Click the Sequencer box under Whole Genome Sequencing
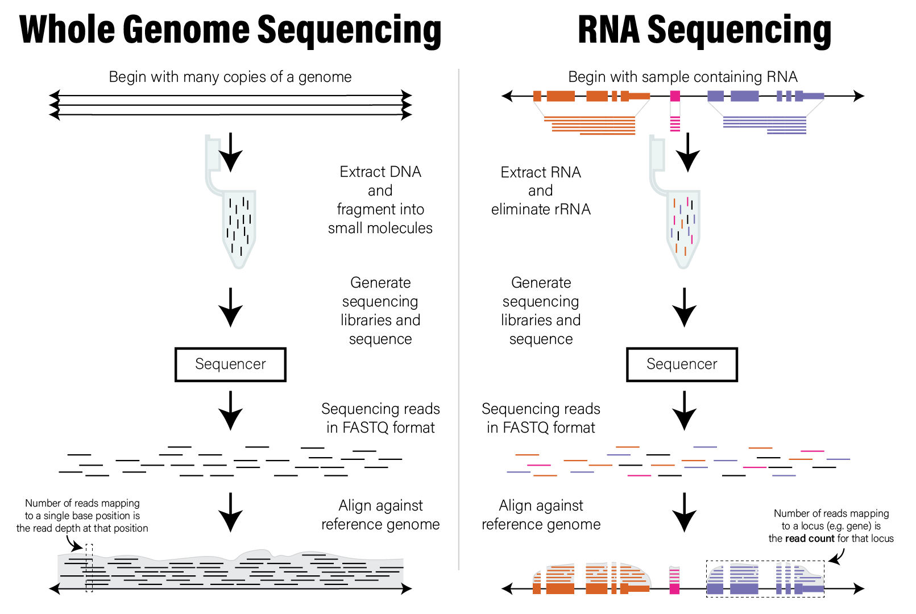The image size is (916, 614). [x=230, y=364]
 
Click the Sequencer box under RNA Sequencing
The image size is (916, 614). [x=682, y=364]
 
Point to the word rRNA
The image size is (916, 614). [x=571, y=209]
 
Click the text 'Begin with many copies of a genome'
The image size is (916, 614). [x=230, y=77]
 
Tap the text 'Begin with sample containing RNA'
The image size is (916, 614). [x=682, y=77]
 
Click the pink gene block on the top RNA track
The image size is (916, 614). [x=675, y=96]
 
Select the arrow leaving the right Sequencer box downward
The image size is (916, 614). [x=685, y=410]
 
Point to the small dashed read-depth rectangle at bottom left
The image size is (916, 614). [x=89, y=568]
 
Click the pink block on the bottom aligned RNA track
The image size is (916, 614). [x=675, y=580]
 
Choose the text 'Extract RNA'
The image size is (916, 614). [x=541, y=172]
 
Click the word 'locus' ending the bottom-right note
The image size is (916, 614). [x=882, y=538]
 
